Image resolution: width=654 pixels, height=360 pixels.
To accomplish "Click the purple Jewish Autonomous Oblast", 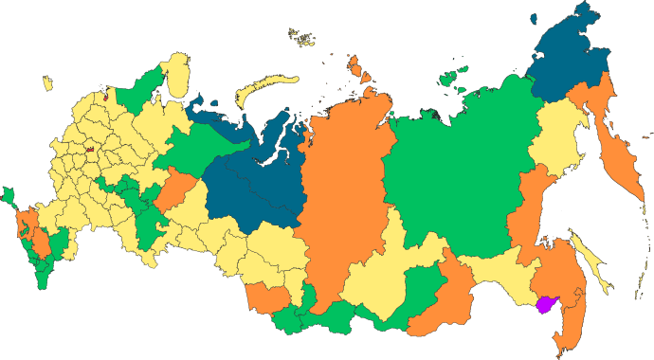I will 546,306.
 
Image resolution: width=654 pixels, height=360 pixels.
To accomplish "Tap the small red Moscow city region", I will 89,148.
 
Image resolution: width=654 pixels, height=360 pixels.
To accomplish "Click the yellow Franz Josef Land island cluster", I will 304,37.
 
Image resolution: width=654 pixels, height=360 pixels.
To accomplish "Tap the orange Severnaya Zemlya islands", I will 357,68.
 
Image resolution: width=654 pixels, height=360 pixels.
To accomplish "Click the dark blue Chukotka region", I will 569,62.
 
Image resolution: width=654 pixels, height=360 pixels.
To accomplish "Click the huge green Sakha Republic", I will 455,171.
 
